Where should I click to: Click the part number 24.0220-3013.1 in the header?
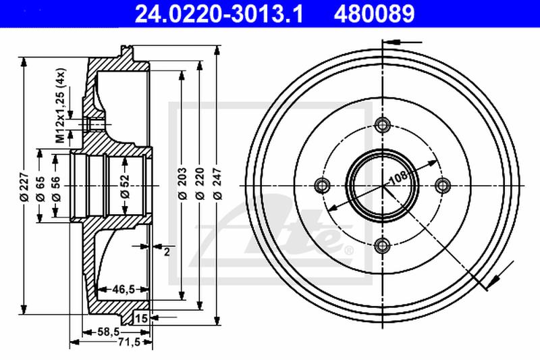219,14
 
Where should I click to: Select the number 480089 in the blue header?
375,14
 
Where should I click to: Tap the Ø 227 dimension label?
24,186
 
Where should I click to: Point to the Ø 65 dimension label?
40,189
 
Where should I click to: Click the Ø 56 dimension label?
56,189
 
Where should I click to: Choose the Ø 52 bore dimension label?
125,186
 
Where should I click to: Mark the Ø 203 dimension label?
182,184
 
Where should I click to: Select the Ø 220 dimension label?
200,184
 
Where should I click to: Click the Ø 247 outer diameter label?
217,184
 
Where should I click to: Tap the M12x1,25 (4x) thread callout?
61,105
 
